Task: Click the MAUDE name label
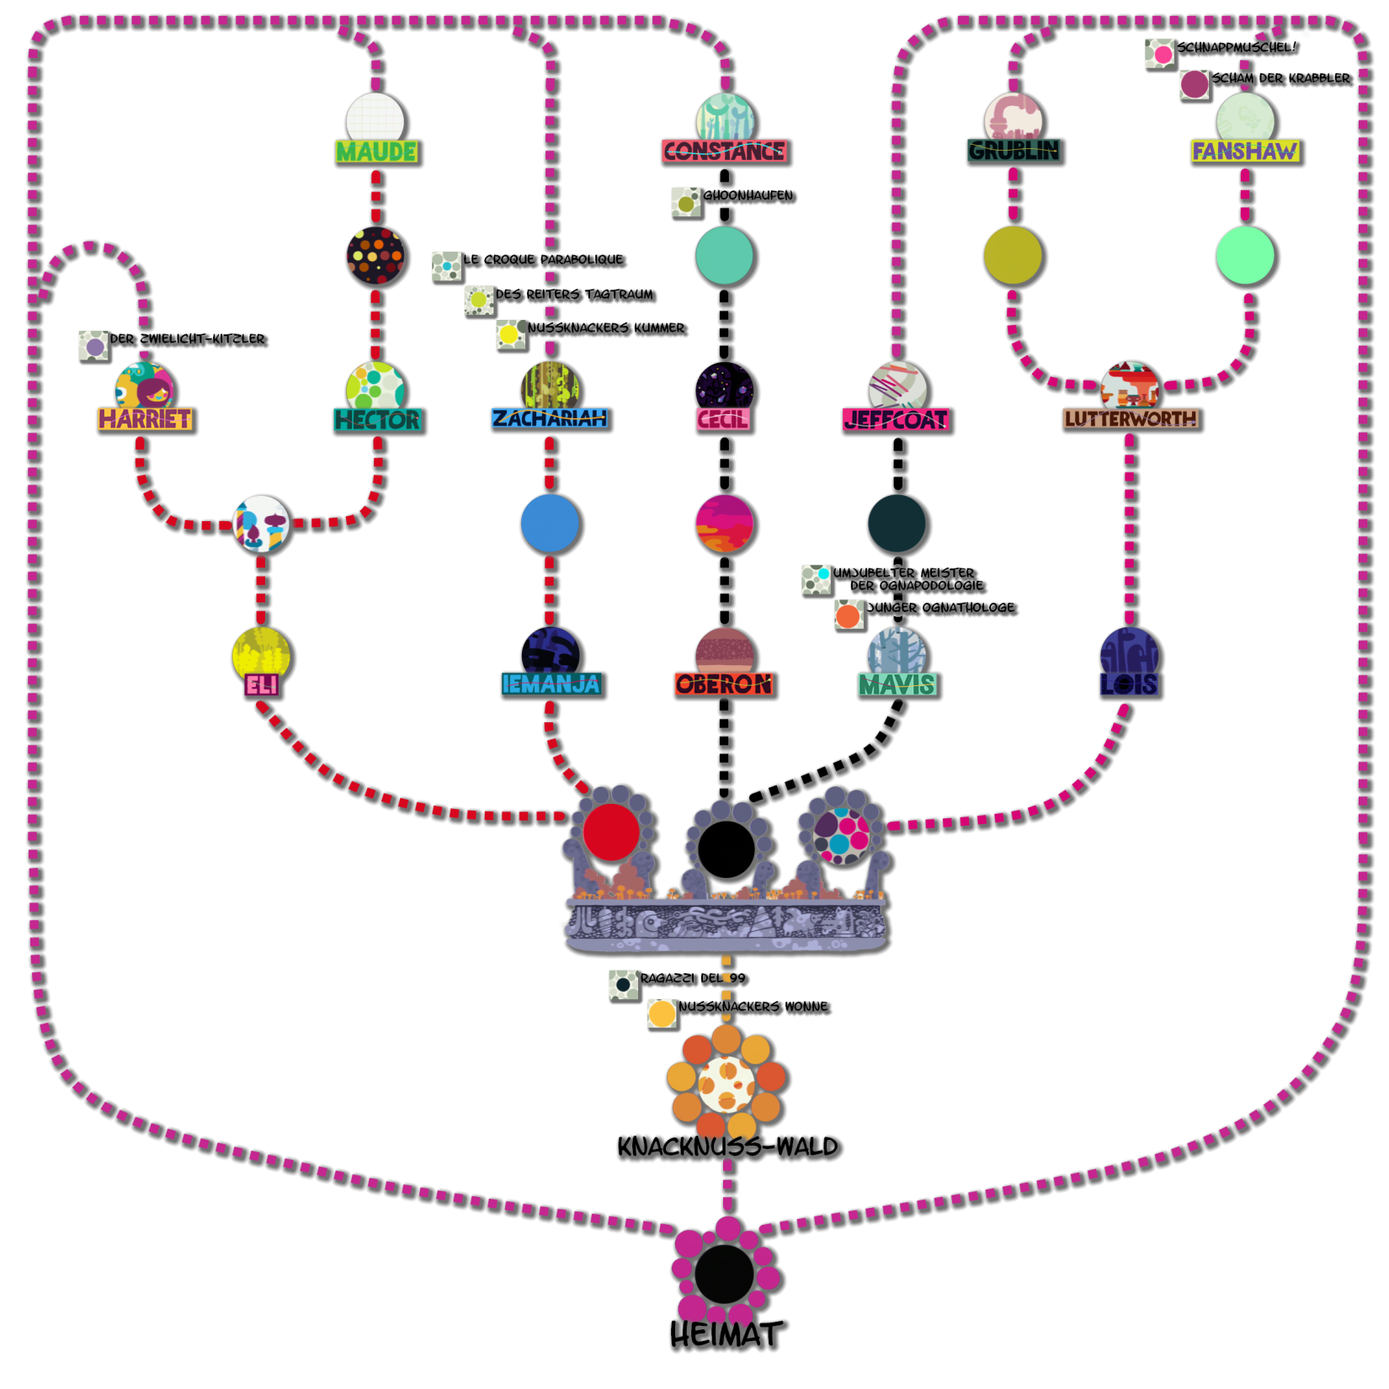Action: point(377,152)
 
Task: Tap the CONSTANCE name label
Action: point(725,152)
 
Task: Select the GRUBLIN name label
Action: point(1014,152)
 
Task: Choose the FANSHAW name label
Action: point(1245,152)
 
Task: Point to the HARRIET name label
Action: point(146,419)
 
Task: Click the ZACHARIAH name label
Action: point(551,419)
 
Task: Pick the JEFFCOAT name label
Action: point(897,420)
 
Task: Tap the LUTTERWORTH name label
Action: point(1131,419)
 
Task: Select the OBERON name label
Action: point(725,685)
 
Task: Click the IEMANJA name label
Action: point(551,684)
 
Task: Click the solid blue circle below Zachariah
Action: point(551,524)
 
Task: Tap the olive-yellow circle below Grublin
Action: point(1014,256)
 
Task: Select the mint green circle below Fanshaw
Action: point(1246,256)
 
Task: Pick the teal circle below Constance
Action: point(726,256)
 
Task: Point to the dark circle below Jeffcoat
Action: point(897,524)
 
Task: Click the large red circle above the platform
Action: point(611,832)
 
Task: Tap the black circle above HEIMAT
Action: point(725,1274)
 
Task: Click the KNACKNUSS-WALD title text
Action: point(727,1147)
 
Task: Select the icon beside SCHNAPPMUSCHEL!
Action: point(1162,55)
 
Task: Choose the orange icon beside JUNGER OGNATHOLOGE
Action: point(849,615)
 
